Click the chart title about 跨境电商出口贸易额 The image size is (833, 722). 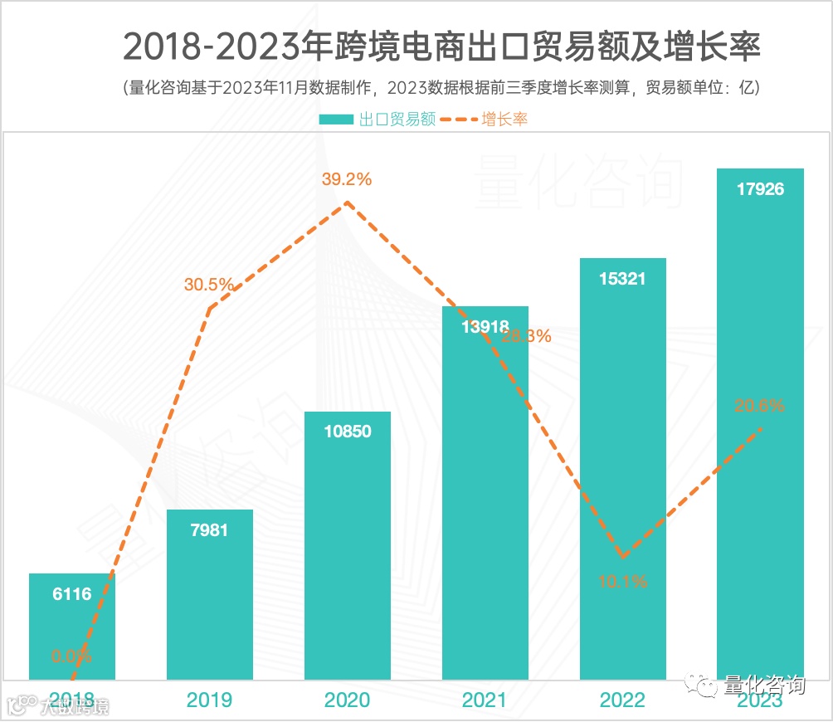[441, 47]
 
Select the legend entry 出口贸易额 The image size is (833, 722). [378, 119]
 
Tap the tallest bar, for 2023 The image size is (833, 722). [760, 432]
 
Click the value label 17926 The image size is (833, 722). [760, 189]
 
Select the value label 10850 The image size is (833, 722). [347, 432]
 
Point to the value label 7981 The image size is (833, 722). [209, 530]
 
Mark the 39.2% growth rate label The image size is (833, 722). [347, 178]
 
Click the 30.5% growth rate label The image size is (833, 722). [209, 285]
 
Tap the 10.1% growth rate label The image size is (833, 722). [622, 582]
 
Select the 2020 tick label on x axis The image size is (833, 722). [347, 700]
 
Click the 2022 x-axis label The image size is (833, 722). [622, 700]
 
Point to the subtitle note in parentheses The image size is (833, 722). [441, 87]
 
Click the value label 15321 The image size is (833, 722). [622, 279]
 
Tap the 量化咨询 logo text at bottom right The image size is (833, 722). [763, 685]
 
